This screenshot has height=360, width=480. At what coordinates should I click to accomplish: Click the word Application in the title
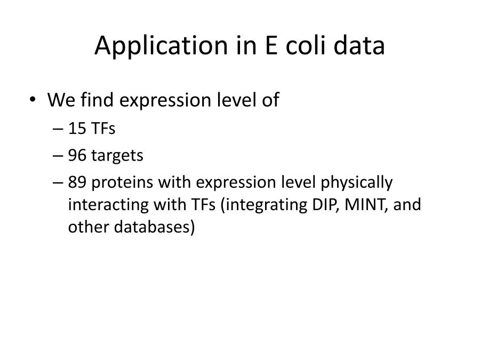pyautogui.click(x=162, y=46)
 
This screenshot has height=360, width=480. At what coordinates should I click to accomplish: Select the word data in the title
pyautogui.click(x=359, y=45)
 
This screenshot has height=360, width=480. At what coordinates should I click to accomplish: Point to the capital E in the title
pyautogui.click(x=271, y=46)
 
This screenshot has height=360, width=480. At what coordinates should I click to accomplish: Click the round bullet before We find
pyautogui.click(x=33, y=100)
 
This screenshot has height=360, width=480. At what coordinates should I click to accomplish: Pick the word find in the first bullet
pyautogui.click(x=97, y=100)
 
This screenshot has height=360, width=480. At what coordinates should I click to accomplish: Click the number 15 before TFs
pyautogui.click(x=77, y=128)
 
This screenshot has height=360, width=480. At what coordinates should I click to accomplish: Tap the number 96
pyautogui.click(x=77, y=155)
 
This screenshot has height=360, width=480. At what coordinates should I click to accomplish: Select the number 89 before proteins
pyautogui.click(x=77, y=182)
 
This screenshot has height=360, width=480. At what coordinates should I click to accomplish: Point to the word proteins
pyautogui.click(x=122, y=183)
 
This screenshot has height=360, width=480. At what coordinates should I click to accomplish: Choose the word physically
pyautogui.click(x=356, y=183)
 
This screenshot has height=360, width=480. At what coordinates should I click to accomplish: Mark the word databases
pyautogui.click(x=154, y=227)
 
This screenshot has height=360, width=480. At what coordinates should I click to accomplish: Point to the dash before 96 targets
pyautogui.click(x=58, y=156)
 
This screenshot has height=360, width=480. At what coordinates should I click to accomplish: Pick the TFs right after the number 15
pyautogui.click(x=103, y=128)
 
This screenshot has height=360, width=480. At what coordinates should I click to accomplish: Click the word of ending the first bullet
pyautogui.click(x=270, y=100)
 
